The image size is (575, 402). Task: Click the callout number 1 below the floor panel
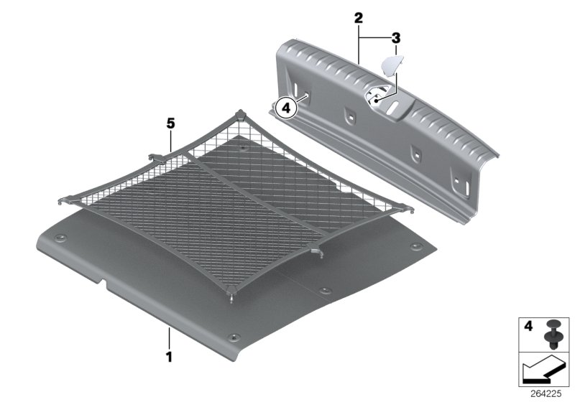[169, 355]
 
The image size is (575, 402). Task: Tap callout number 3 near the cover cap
[395, 37]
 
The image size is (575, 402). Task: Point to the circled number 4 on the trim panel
[285, 108]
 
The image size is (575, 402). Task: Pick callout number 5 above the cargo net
[170, 124]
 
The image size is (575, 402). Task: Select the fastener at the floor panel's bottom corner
[233, 336]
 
